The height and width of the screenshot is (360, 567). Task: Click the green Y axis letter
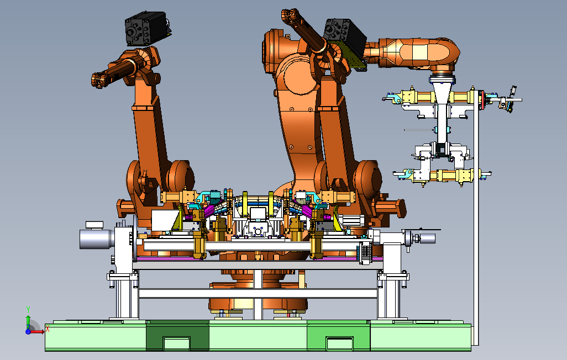(x=28, y=310)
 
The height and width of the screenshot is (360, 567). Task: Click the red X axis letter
(x=48, y=329)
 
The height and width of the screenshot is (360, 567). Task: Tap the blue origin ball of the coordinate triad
(x=28, y=331)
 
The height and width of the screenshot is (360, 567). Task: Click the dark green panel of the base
(x=177, y=335)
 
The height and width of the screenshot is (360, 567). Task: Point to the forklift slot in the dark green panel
(x=177, y=343)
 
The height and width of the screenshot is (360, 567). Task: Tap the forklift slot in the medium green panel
(x=339, y=343)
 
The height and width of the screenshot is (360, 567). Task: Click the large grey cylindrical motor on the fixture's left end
(x=95, y=239)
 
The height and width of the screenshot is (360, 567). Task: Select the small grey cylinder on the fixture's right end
(x=427, y=238)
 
